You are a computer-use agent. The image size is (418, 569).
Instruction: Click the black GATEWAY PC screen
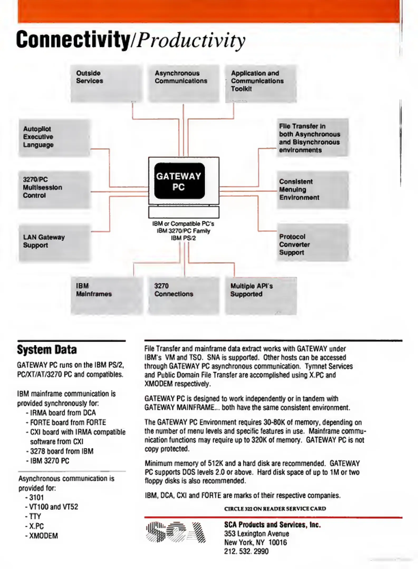point(179,181)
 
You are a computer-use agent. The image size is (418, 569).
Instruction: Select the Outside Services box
point(106,83)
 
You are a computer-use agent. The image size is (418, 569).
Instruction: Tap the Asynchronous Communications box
point(184,83)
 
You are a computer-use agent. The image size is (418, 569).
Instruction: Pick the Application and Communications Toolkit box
point(261,84)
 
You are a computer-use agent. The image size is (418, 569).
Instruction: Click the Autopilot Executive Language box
point(54,138)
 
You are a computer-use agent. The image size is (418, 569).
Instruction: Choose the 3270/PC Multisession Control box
point(54,189)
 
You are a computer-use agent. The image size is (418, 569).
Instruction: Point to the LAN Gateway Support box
point(54,243)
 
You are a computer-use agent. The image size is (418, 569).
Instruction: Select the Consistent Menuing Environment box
point(313,190)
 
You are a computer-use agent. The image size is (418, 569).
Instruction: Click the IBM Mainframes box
point(107,296)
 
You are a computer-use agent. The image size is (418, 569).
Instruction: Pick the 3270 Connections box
point(184,296)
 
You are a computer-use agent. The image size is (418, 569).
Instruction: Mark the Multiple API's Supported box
point(261,296)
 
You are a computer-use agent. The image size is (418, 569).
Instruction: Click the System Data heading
point(47,350)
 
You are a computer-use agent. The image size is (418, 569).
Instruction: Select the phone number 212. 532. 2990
point(246,551)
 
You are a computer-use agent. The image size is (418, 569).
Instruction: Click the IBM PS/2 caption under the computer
point(184,238)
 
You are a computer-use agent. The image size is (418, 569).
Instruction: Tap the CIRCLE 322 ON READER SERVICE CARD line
point(275,509)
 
